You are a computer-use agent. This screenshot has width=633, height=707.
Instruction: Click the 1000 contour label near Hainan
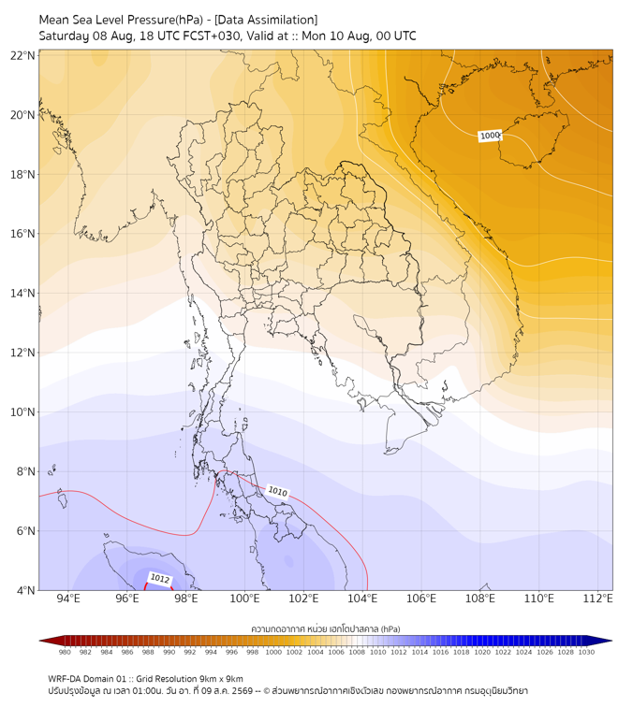[x=490, y=136]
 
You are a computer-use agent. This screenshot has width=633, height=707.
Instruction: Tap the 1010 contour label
[x=277, y=492]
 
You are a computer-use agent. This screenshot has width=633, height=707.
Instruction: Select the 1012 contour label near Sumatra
[x=160, y=579]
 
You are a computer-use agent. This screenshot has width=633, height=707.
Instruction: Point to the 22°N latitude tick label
[x=22, y=55]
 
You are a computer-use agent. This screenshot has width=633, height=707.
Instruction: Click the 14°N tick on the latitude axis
[x=22, y=293]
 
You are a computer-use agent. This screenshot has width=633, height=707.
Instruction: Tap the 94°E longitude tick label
[x=68, y=599]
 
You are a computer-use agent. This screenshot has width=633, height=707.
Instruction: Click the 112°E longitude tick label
[x=597, y=599]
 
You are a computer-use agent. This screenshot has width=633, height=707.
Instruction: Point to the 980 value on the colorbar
[x=65, y=652]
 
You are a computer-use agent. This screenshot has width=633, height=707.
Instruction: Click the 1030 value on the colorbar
[x=586, y=652]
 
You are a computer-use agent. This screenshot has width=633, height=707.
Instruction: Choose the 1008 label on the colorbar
[x=357, y=652]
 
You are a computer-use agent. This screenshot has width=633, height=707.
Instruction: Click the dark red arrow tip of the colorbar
[x=40, y=641]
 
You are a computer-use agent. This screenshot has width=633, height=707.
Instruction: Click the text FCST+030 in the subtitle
[x=212, y=36]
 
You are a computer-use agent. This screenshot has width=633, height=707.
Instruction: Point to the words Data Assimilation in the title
[x=267, y=21]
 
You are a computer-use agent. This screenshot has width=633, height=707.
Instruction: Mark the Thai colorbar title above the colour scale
[x=326, y=628]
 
